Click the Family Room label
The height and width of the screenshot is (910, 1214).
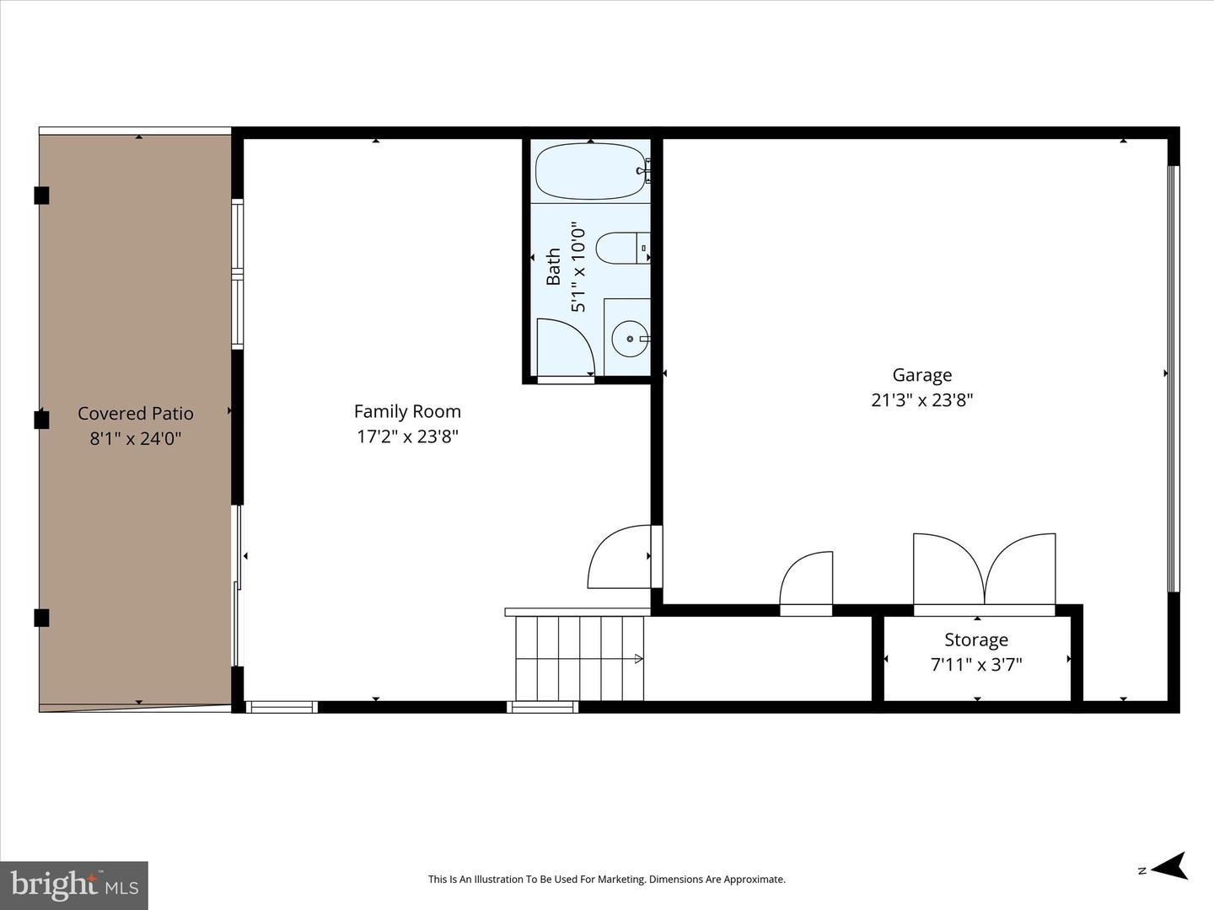point(407,412)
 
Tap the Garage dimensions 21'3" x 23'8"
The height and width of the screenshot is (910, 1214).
point(922,399)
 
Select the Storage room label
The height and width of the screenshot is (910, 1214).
point(976,640)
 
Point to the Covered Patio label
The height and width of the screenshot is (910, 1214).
point(136,413)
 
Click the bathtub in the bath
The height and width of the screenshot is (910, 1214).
point(591,171)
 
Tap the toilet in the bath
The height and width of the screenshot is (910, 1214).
point(623,248)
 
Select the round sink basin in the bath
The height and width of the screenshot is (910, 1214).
point(630,339)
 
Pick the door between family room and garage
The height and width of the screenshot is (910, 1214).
point(625,556)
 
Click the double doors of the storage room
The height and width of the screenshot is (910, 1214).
point(984,572)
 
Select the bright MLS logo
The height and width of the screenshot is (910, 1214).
point(74,884)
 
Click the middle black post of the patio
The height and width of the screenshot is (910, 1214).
point(41,420)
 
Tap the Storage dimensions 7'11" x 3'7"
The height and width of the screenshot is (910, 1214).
point(976,664)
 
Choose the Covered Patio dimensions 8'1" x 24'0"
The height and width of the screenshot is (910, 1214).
point(136,439)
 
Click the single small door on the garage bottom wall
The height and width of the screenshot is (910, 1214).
point(806,583)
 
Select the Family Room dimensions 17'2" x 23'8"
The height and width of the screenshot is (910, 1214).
point(407,436)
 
